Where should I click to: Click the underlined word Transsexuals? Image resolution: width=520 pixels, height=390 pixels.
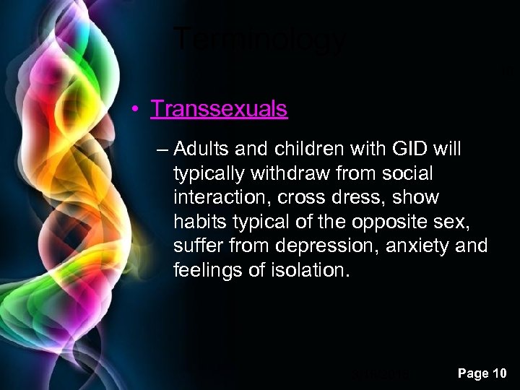pyautogui.click(x=219, y=109)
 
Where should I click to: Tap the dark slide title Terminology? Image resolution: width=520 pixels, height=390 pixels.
pyautogui.click(x=260, y=39)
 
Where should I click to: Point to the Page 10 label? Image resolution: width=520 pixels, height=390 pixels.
pyautogui.click(x=482, y=373)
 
